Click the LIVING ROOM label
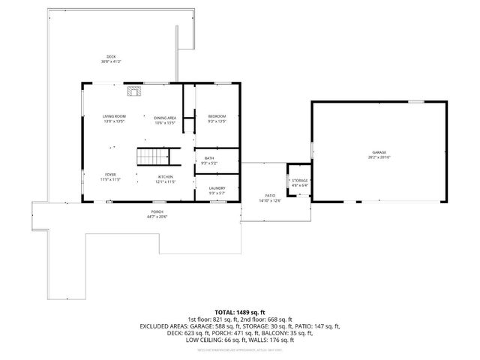pos(114,115)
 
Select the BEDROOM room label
pos(217,115)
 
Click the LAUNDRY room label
pos(217,187)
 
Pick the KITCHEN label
pos(165,176)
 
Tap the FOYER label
pos(110,173)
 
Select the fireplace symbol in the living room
pos(133,92)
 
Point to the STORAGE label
pos(300,180)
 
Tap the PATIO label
pos(269,196)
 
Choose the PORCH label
pos(157,212)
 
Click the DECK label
pos(111,57)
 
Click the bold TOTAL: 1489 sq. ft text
pos(240,311)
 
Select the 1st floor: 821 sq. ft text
pos(211,319)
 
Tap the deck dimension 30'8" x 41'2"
pos(111,61)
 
